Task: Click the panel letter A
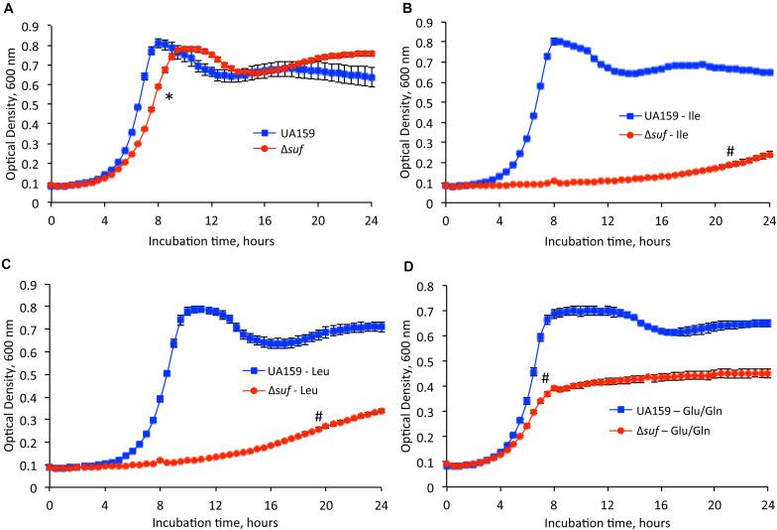(x=7, y=9)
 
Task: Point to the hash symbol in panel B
(x=730, y=151)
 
